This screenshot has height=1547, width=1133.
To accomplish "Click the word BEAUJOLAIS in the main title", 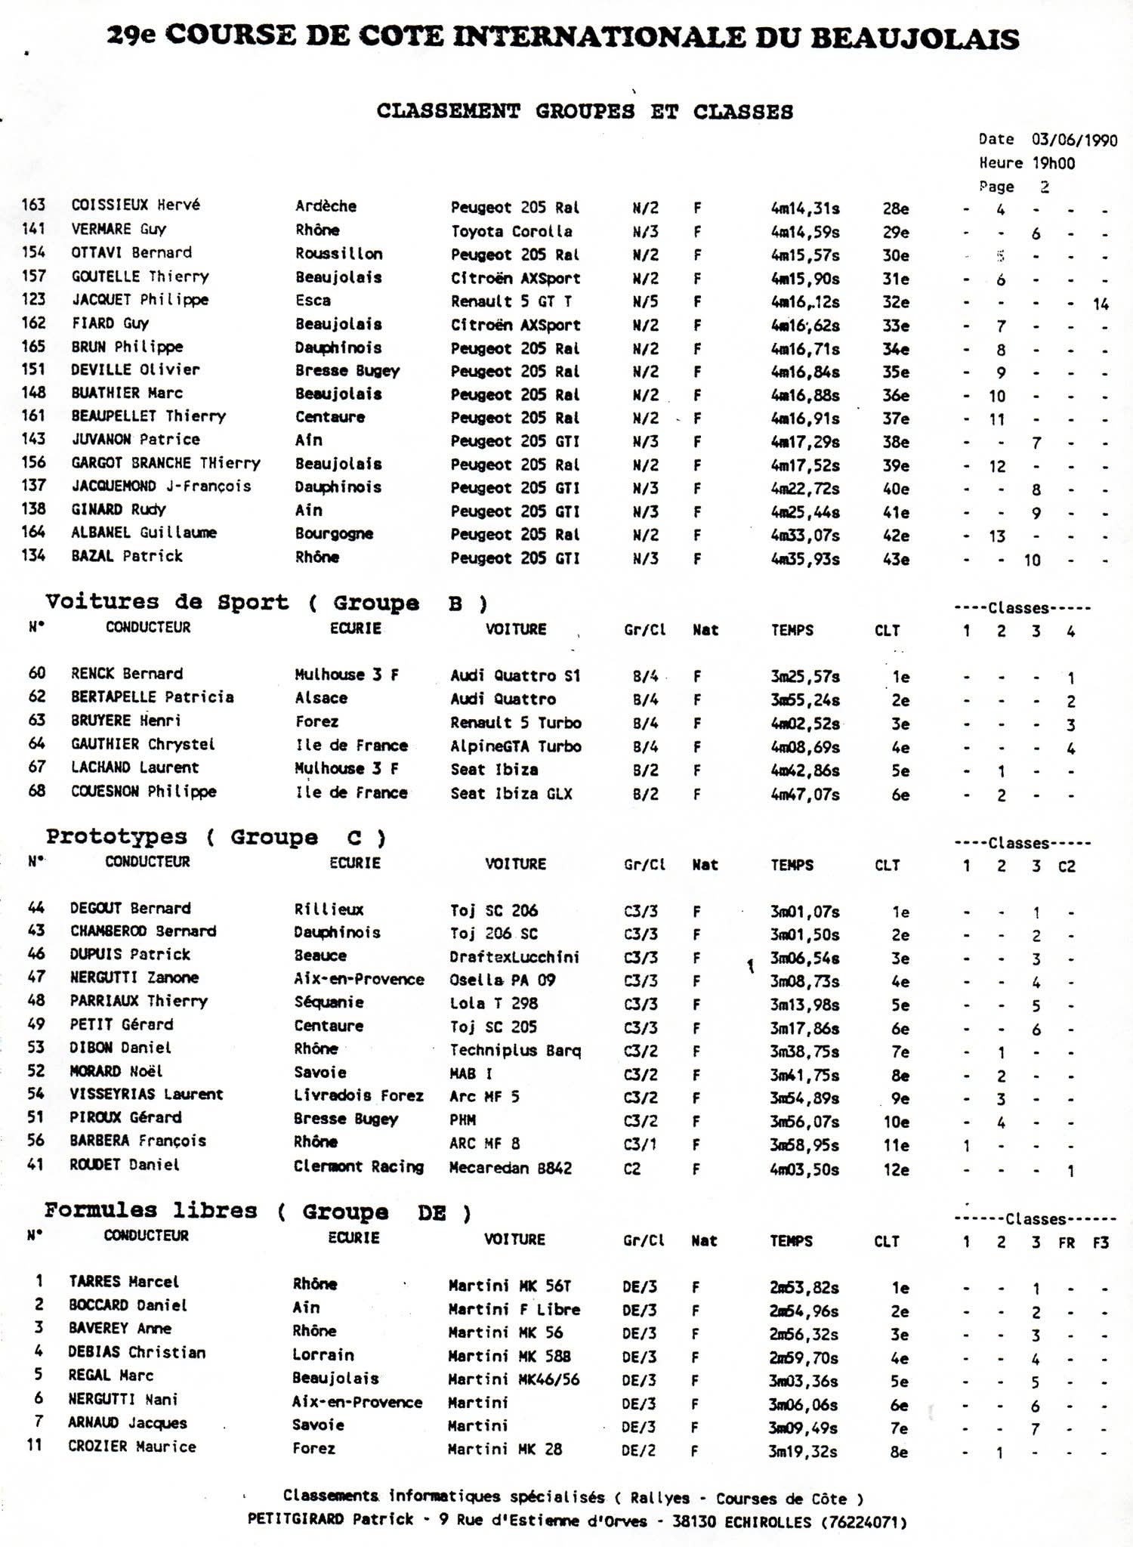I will tap(914, 38).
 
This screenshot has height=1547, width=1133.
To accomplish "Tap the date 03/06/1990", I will tap(1074, 140).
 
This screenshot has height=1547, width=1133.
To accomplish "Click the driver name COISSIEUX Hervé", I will tap(135, 205).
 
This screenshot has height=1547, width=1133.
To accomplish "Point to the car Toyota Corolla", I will tap(511, 231).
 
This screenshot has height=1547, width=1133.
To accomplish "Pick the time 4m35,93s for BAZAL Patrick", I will tap(805, 559).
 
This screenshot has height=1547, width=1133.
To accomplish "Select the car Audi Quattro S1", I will tap(515, 676).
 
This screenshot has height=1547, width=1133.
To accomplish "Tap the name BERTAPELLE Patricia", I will tap(152, 697).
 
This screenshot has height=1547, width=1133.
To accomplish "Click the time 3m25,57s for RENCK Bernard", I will tap(805, 677).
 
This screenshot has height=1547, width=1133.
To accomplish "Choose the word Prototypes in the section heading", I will tap(116, 837).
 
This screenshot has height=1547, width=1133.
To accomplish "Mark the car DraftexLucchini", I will tap(514, 957).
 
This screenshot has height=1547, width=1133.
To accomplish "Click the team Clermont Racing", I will tap(359, 1166).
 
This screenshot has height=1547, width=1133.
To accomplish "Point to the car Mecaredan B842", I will tap(511, 1168).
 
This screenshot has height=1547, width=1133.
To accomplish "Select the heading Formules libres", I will tap(150, 1211).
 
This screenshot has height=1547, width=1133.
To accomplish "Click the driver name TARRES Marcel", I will tap(124, 1282).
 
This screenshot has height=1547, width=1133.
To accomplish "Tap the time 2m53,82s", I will tap(804, 1288).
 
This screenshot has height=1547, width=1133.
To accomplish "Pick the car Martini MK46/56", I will tap(514, 1379).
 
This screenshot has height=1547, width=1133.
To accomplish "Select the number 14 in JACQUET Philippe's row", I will tap(1100, 304).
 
